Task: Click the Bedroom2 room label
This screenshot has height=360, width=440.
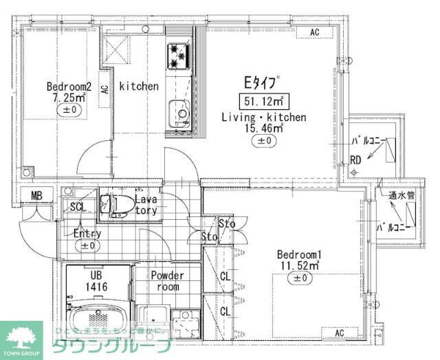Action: (69, 87)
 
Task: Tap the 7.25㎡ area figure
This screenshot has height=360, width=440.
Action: (69, 98)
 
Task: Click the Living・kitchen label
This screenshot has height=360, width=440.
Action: (263, 117)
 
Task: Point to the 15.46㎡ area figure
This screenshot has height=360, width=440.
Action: (264, 128)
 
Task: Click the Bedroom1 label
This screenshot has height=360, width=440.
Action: (300, 253)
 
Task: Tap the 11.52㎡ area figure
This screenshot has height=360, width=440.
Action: (300, 265)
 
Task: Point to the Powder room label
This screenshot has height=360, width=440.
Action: (167, 281)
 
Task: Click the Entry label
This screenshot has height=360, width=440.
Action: (87, 234)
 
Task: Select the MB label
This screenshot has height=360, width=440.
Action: (36, 196)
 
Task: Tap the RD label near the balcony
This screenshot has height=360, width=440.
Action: (355, 161)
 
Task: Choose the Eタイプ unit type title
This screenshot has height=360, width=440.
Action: (262, 82)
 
